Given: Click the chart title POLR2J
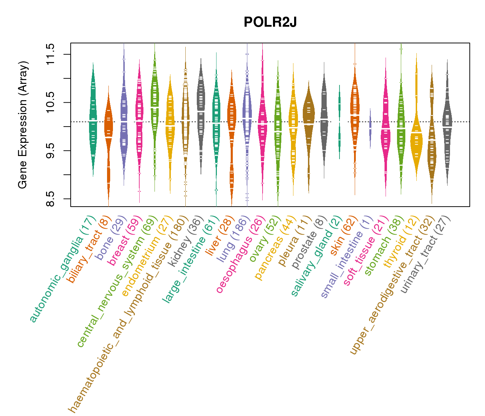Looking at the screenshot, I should click(270, 23).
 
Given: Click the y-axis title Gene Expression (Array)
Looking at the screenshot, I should click(23, 125).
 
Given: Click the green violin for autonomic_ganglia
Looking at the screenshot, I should click(93, 121).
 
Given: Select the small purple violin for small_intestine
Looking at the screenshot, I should click(370, 128).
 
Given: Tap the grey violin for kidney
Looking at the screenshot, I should click(201, 111).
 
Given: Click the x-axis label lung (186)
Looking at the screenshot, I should click(232, 239).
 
